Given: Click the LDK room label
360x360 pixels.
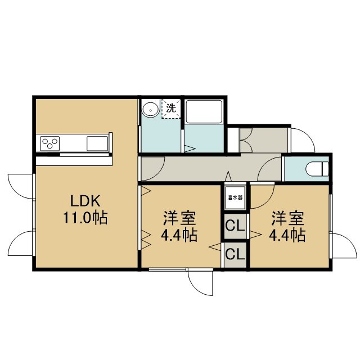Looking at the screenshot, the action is coord(85,201).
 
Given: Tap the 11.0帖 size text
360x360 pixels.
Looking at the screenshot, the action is coord(85,218).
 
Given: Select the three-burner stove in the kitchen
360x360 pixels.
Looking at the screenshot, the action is coord(50,143).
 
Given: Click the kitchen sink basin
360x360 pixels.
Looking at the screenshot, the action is coord(97,143).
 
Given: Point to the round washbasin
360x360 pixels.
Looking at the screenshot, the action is coord(150,110).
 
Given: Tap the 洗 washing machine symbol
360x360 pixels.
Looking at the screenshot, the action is coord(171,109).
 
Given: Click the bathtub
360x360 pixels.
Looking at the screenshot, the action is coord(204,112).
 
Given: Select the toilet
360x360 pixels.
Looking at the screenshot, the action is coord(317,169).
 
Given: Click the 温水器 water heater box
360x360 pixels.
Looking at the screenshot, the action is coord(235,197).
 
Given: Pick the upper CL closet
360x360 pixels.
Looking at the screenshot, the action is coord(235,226).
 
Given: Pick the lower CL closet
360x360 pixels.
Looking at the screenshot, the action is coord(235,254).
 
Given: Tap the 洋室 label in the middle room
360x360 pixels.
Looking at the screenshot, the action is coord(179,218).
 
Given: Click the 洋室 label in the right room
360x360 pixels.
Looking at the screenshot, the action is coord(287,218).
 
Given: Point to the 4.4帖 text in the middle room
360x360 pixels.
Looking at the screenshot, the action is coord(179,235).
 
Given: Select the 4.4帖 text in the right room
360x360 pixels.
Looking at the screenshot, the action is coord(287,235).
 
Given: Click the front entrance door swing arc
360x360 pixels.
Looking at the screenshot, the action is coord(308,136).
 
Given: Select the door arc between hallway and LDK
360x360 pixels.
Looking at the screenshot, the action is coord(159,173).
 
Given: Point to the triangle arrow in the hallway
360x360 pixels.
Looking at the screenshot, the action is coord(228,176).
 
